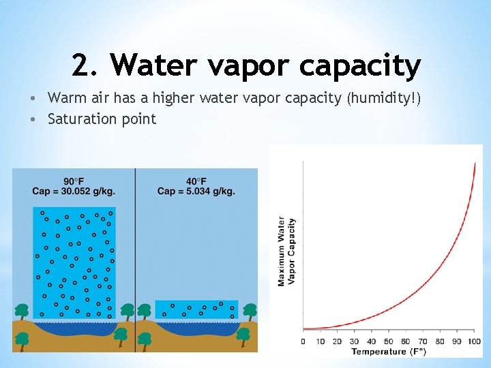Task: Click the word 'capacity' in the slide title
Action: pos(360,67)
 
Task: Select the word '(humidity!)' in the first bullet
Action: pos(384,98)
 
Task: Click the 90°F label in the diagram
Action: pos(74,181)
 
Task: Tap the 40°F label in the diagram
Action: pos(196,181)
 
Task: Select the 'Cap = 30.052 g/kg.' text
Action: pos(74,191)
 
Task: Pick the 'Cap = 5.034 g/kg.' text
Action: pos(196,191)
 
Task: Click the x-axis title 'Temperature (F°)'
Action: pos(389,352)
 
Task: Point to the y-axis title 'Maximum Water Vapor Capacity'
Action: pos(286,251)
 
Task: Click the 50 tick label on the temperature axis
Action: pos(389,341)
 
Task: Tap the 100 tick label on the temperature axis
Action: pos(474,341)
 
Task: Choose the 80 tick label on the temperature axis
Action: pos(440,341)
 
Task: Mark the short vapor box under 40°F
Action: pos(196,309)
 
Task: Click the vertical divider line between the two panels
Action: pos(135,259)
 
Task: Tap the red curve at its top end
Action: pos(475,164)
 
